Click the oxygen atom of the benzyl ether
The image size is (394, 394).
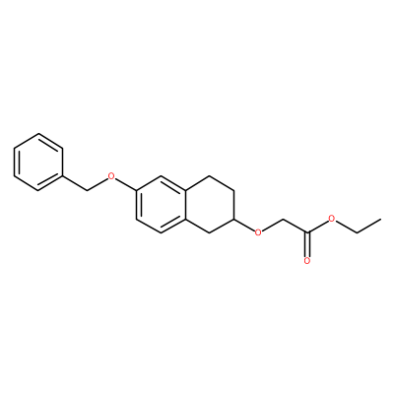point(112,176)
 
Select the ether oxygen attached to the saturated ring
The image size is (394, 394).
point(259,232)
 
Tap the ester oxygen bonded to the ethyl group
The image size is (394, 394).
point(332,219)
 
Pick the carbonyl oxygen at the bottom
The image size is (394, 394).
point(307,261)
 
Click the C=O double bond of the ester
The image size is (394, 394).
point(307,244)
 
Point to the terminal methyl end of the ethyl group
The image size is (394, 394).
point(381,219)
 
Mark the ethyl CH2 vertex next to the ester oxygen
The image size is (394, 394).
point(357,232)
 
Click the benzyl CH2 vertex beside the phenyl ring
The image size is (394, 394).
point(88,190)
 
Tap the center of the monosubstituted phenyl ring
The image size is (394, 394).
point(38,162)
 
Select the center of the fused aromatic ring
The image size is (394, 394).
point(161,204)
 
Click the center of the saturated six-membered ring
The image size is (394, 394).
point(210,204)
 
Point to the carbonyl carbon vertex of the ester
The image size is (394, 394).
point(307,232)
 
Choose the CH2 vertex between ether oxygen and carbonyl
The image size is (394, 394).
point(283,219)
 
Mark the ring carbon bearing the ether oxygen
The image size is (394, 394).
point(234,219)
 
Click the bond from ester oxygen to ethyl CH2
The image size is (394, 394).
point(345,226)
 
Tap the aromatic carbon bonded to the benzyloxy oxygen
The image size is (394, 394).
point(136,190)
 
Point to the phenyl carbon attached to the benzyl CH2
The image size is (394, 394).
point(63,176)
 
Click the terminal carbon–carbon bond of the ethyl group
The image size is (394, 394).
point(368,226)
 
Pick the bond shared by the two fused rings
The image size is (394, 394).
point(185,204)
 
